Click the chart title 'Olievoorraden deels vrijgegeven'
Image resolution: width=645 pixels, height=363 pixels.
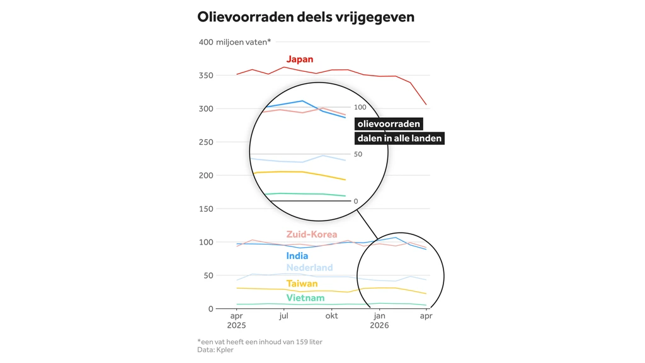305,17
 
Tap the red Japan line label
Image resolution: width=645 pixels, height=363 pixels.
300,59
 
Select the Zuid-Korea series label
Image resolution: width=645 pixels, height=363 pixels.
312,234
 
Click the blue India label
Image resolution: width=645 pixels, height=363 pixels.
297,256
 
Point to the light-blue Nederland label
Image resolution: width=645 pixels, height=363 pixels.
309,268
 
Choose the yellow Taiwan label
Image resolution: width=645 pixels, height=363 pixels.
302,284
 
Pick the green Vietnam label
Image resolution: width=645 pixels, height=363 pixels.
305,298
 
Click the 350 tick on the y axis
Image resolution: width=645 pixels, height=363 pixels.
206,76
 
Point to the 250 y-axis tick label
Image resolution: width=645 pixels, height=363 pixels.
206,142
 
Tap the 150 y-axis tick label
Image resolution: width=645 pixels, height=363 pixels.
206,209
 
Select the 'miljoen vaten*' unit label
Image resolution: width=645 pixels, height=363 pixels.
244,42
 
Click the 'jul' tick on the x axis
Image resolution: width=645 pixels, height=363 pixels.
283,316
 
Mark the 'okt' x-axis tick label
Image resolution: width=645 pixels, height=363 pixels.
331,316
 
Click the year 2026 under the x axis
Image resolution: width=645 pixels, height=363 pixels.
379,326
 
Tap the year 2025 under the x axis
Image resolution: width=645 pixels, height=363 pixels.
236,326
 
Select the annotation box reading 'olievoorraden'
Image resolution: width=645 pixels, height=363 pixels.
389,124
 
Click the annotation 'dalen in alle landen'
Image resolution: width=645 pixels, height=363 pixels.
399,138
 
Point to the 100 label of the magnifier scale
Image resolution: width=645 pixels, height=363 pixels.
360,107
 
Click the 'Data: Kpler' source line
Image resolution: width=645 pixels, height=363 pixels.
215,350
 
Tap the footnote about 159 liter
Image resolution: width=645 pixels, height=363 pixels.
260,342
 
